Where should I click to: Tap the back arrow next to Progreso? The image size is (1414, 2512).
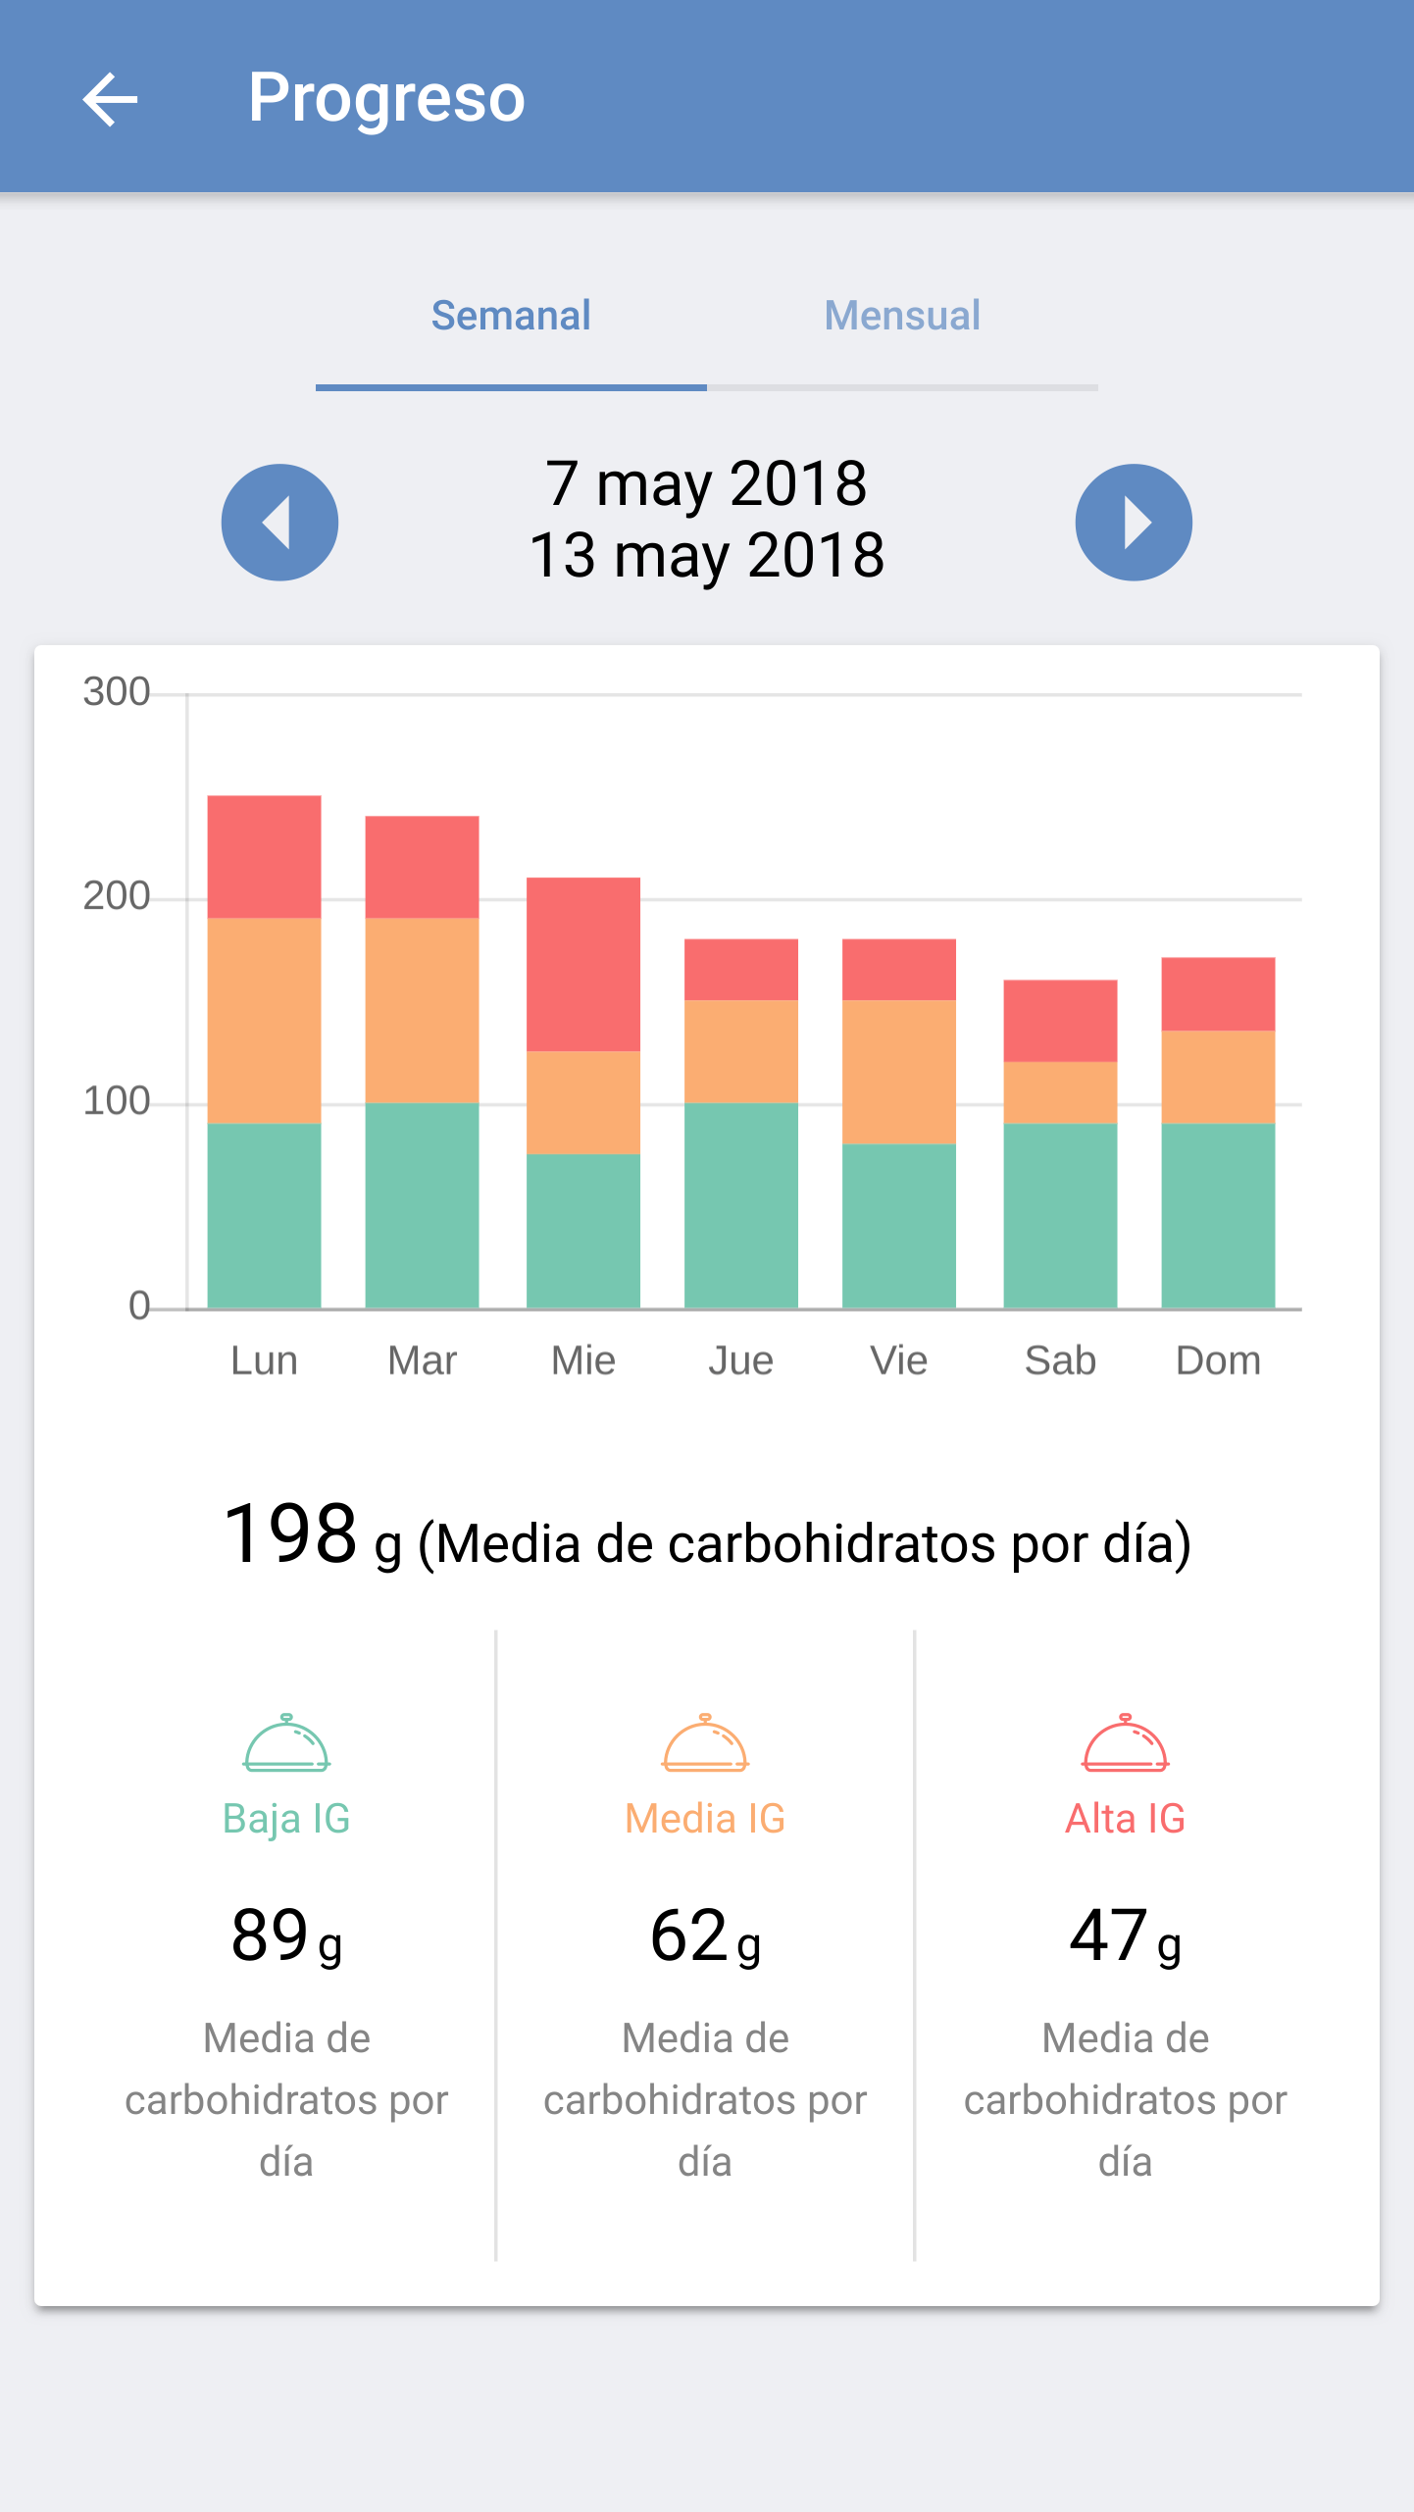110,99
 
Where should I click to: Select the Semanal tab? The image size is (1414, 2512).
511,316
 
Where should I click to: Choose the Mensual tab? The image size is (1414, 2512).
902,316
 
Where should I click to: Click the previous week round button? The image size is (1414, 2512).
279,523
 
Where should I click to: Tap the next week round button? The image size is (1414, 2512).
1134,523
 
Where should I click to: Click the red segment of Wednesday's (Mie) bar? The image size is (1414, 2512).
583,964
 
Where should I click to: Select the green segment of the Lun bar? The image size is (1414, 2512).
264,1215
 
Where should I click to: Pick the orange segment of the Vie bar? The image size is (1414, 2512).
899,1071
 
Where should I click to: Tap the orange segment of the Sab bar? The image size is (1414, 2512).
1060,1092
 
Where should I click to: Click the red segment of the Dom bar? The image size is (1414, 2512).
1218,993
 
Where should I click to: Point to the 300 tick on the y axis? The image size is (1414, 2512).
117,692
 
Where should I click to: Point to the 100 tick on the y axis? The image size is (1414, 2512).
117,1102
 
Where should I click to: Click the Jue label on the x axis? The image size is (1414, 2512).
740,1361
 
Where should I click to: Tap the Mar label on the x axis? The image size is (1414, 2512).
422,1361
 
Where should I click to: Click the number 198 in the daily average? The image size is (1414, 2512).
290,1533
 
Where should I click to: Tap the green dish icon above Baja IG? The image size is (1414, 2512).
286,1743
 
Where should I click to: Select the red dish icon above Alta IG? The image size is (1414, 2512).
1125,1743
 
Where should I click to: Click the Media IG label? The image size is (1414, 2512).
705,1819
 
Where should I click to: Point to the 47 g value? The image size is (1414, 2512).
1125,1936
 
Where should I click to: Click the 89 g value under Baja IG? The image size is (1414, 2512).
286,1936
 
